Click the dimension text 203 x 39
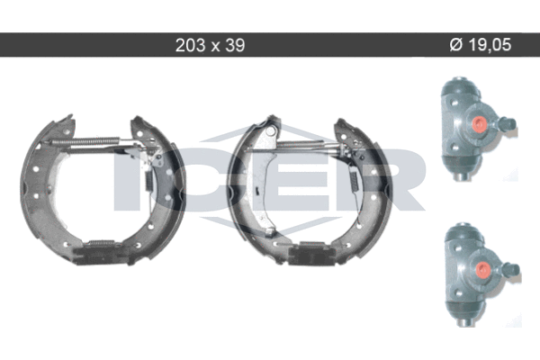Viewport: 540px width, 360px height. [x=210, y=45]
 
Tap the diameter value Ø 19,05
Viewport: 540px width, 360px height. [x=481, y=45]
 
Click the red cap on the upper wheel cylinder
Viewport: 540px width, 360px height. [x=479, y=123]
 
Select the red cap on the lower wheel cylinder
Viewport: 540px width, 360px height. [x=482, y=269]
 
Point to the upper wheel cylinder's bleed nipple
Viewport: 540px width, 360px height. [x=508, y=123]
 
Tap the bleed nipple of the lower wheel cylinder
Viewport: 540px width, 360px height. [x=510, y=269]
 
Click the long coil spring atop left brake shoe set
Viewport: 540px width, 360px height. [x=85, y=141]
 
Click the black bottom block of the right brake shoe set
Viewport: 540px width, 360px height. [x=311, y=254]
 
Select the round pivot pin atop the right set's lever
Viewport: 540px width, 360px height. [x=271, y=130]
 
